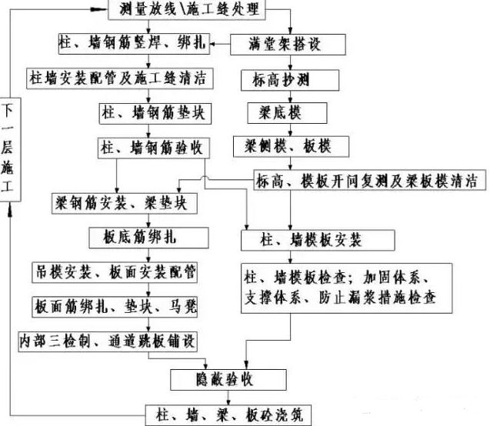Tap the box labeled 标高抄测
pyautogui.click(x=279, y=79)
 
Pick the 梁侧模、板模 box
pyautogui.click(x=283, y=145)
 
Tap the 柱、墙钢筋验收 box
pyautogui.click(x=151, y=146)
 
